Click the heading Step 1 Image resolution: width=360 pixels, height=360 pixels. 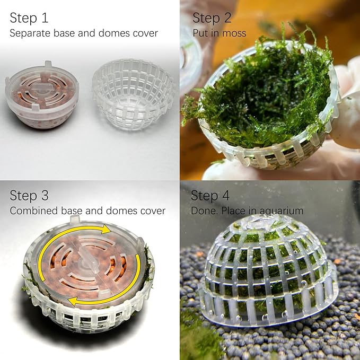tap(29, 18)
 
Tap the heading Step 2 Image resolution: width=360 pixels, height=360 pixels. tap(212, 18)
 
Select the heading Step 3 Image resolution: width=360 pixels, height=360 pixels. tap(29, 196)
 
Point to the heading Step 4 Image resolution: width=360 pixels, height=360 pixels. tap(210, 196)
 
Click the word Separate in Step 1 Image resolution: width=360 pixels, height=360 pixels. tap(30, 33)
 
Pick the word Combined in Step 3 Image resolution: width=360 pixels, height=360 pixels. tap(34, 210)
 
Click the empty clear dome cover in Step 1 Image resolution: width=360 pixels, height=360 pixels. tap(133, 94)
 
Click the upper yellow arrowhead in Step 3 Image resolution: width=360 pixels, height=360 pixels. tap(106, 229)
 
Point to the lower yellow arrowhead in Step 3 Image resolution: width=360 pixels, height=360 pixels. tap(74, 301)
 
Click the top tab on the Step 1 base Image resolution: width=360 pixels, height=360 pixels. tap(48, 65)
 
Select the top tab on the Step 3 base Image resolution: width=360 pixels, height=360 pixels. tap(75, 219)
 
